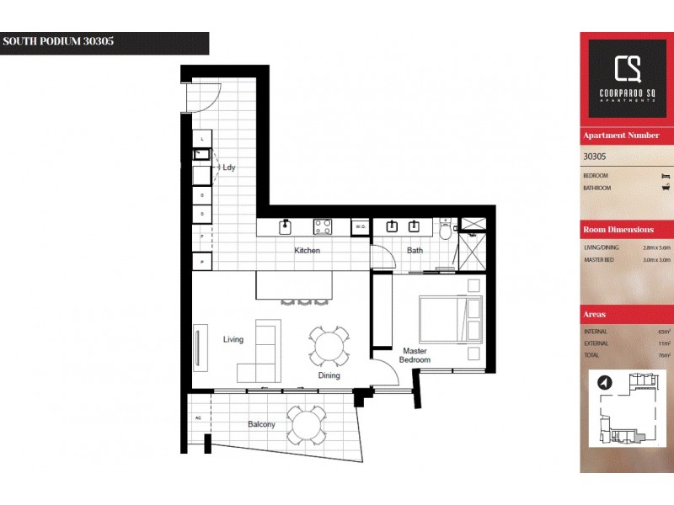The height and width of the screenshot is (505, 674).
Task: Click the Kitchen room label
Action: pyautogui.click(x=307, y=251)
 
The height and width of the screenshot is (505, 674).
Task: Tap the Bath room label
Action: pyautogui.click(x=415, y=250)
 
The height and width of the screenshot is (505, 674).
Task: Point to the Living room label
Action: pyautogui.click(x=233, y=340)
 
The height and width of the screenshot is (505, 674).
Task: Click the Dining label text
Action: pyautogui.click(x=329, y=375)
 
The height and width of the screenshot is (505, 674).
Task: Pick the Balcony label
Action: pyautogui.click(x=261, y=424)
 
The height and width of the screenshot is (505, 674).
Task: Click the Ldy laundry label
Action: pyautogui.click(x=229, y=167)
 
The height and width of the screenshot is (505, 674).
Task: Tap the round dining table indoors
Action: pyautogui.click(x=327, y=345)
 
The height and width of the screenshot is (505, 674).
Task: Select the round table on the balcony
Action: pyautogui.click(x=306, y=425)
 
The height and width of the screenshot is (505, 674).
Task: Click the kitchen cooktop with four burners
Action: pyautogui.click(x=323, y=226)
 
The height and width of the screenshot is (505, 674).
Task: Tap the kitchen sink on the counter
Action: pyautogui.click(x=286, y=226)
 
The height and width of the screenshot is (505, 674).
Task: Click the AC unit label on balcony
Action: pyautogui.click(x=198, y=417)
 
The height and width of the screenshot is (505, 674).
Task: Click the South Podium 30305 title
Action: pyautogui.click(x=59, y=41)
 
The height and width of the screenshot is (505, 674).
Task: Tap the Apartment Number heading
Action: pyautogui.click(x=621, y=136)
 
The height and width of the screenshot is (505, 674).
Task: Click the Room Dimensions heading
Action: pyautogui.click(x=618, y=230)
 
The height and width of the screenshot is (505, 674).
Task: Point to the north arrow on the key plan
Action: pyautogui.click(x=604, y=383)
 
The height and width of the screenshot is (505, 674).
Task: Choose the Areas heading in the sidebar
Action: pyautogui.click(x=594, y=314)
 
